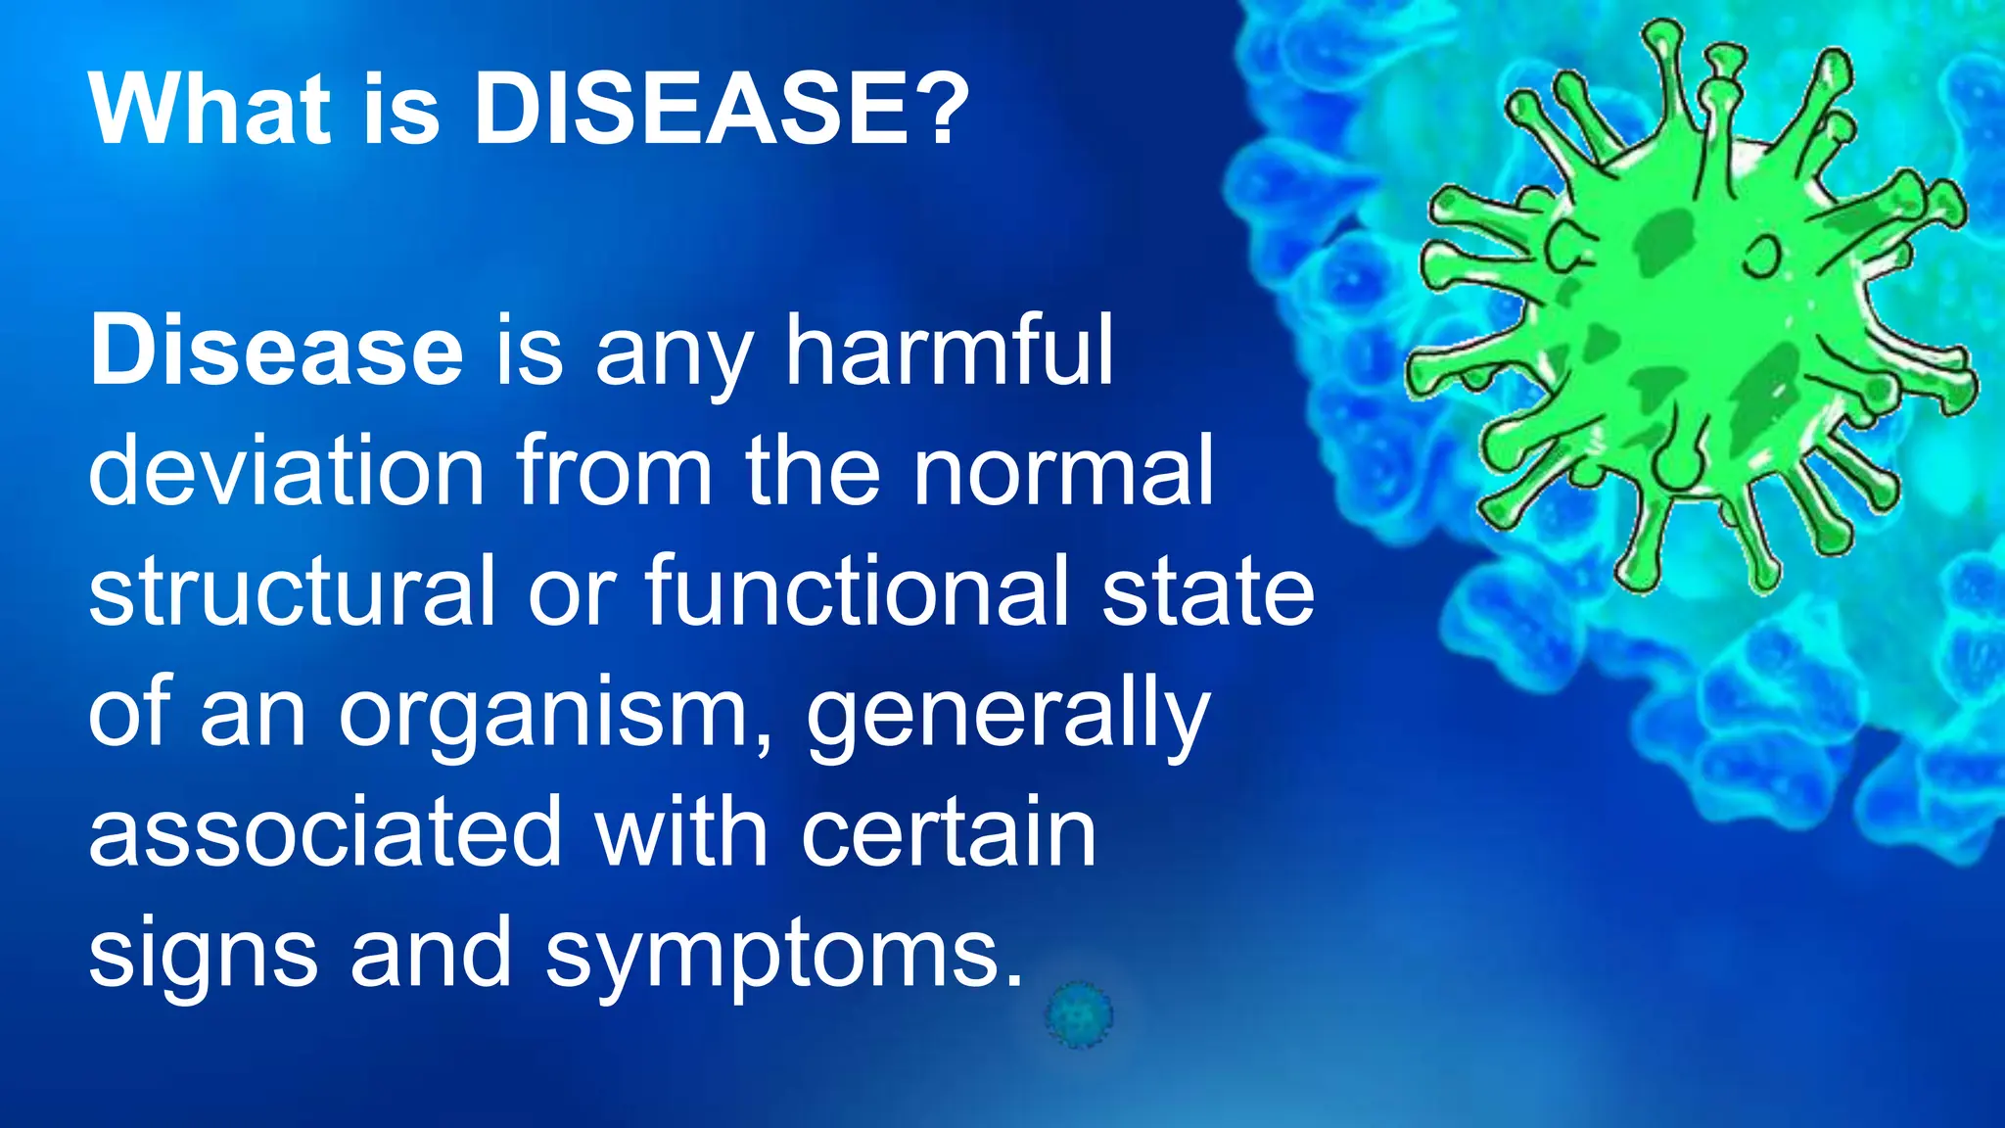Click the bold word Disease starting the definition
point(276,351)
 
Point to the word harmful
point(949,351)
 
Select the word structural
point(292,591)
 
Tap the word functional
point(857,591)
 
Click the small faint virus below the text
point(1078,1014)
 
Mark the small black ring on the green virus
point(1762,256)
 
